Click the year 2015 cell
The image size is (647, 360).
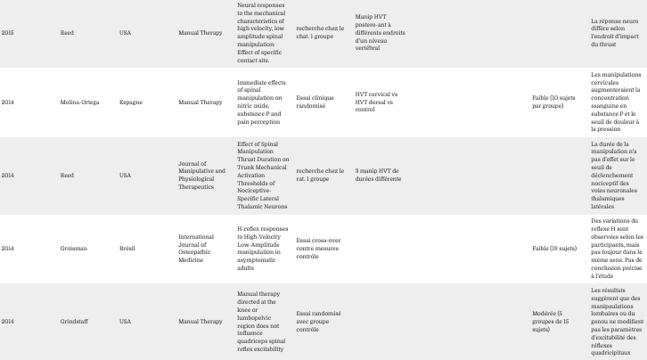(7, 33)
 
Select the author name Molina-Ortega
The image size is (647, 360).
(80, 102)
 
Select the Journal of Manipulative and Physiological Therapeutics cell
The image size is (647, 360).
(201, 175)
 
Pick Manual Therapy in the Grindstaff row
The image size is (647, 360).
(201, 320)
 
